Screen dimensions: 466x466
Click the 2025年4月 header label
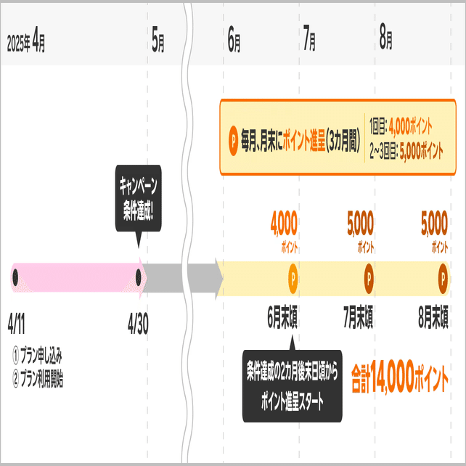26,41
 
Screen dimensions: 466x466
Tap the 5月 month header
158,41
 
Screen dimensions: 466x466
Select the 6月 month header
234,41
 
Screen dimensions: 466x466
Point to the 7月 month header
308,41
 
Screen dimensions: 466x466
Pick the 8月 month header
385,41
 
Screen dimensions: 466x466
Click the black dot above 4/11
16,277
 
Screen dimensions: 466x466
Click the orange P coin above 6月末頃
293,277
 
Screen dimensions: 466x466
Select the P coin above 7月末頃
369,277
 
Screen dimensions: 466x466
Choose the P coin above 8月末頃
443,277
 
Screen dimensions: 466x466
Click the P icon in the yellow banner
234,136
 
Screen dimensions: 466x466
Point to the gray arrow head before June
216,277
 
